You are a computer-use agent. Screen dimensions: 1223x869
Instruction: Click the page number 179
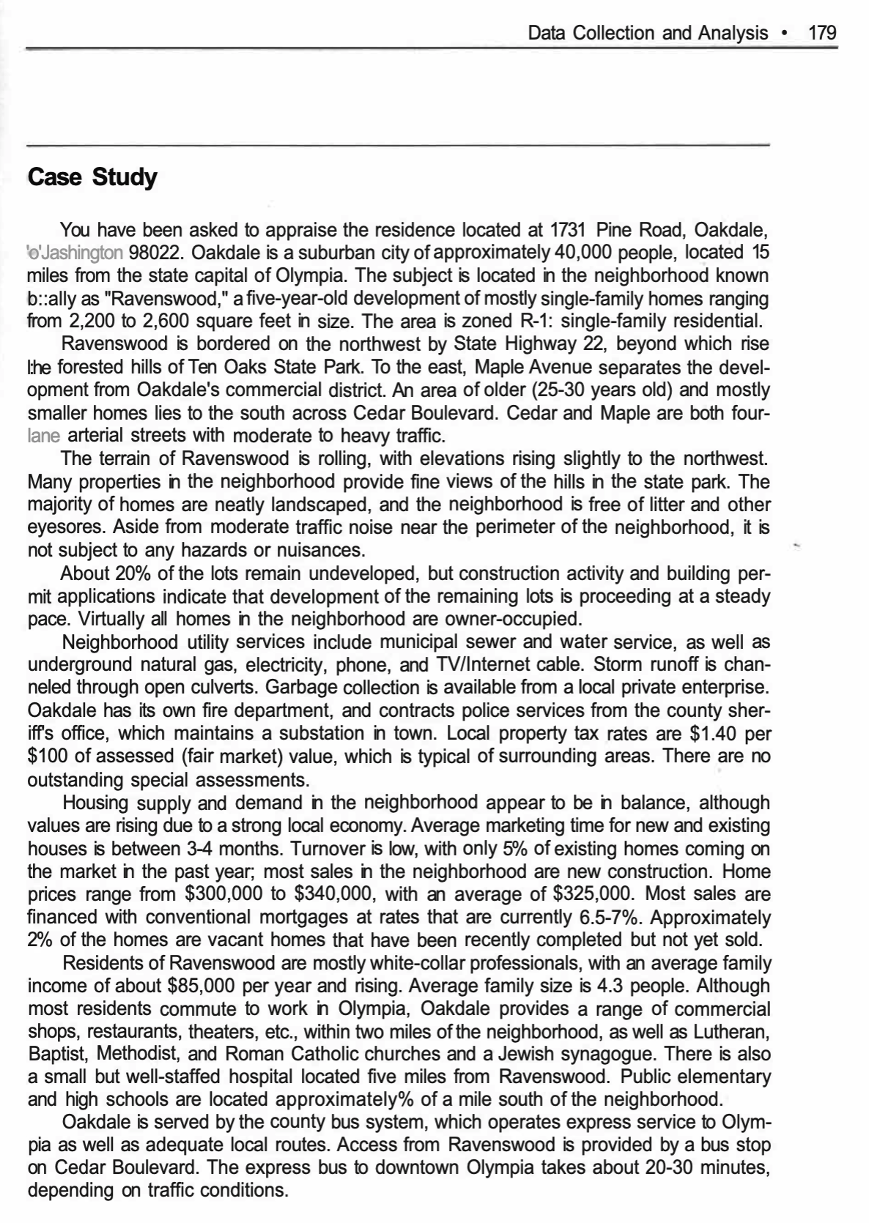click(821, 33)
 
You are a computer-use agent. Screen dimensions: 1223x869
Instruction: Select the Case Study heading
click(92, 177)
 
